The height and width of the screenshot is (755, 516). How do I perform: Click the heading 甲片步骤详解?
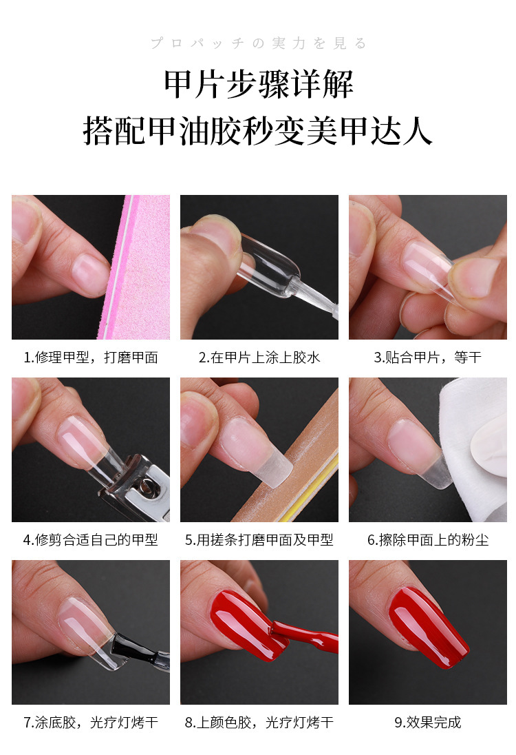[258, 84]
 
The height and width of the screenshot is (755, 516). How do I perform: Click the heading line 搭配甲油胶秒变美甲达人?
[258, 130]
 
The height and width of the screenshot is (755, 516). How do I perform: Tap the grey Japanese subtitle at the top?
[258, 43]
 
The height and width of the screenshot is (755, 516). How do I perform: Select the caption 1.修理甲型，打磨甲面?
[91, 358]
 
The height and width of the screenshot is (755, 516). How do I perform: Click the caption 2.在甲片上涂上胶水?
[259, 358]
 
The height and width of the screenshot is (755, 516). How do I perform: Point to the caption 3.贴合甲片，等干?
[427, 358]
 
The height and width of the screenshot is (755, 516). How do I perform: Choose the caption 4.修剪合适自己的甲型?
[91, 540]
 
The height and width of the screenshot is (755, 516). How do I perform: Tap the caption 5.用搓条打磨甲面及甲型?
[259, 540]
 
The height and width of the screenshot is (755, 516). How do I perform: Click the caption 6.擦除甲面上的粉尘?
[427, 540]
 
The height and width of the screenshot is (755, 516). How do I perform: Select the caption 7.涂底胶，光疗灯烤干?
[91, 723]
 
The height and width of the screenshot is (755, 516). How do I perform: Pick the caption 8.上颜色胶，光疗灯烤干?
[259, 723]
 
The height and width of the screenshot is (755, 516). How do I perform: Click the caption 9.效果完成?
[427, 723]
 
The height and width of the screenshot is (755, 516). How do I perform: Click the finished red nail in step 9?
[427, 627]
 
